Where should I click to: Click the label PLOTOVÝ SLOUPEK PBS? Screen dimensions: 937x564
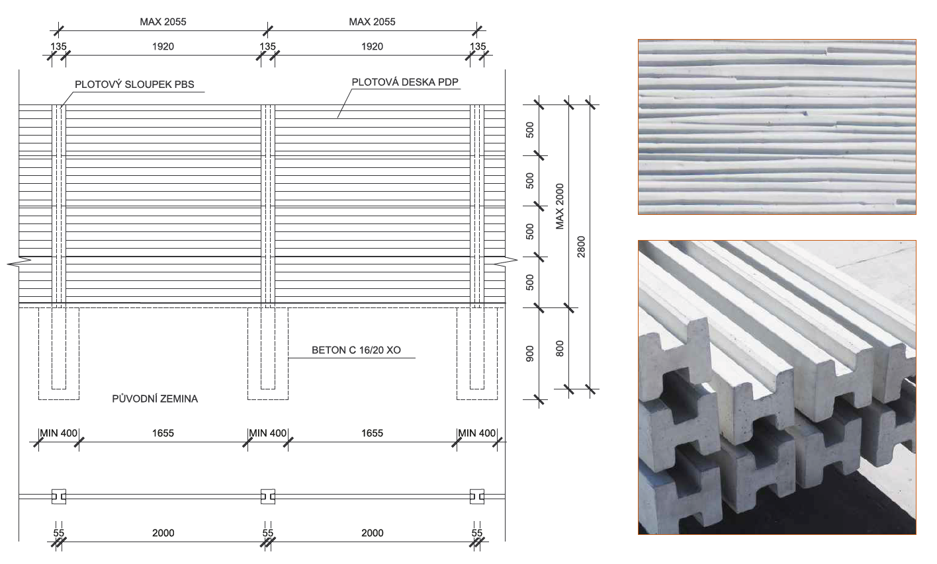coord(134,85)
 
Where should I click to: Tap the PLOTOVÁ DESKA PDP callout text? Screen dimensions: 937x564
coord(405,82)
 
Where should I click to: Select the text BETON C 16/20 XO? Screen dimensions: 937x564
coord(356,350)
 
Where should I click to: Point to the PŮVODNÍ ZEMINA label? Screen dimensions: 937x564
coord(155,399)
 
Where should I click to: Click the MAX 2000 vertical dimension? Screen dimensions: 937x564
coord(560,206)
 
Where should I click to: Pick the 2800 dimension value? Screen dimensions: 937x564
coord(581,247)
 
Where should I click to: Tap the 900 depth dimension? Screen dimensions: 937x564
coord(529,354)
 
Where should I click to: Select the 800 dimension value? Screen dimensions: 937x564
coord(560,348)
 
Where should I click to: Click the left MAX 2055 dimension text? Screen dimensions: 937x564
coord(163,22)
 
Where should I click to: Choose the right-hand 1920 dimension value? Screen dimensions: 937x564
coord(373,46)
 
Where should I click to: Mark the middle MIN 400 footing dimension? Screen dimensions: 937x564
coord(268,433)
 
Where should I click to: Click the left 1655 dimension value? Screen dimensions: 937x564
coord(163,433)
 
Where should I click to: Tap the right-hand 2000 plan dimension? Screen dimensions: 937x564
coord(373,533)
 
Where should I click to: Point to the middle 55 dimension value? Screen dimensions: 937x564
coord(268,533)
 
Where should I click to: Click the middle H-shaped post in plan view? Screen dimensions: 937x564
coord(268,497)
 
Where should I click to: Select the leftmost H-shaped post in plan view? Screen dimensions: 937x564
coord(58,497)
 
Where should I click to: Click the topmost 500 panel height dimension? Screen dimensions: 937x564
coord(529,130)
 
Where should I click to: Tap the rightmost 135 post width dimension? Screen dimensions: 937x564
coord(478,46)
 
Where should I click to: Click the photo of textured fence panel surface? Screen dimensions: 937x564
coord(777,127)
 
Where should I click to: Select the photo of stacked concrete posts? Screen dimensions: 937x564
coord(777,387)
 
